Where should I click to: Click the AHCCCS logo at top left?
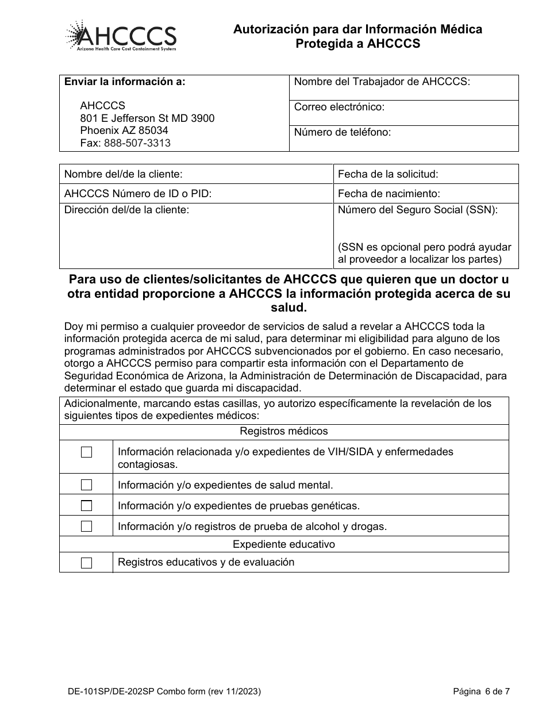coord(121,36)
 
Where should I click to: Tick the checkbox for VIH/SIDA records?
coord(86,452)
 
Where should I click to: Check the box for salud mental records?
coord(86,485)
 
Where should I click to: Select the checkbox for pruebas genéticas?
coord(86,506)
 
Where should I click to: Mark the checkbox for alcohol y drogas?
coord(86,526)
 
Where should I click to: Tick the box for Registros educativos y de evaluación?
coord(86,563)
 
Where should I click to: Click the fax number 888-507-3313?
coord(137,143)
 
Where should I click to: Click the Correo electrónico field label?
coord(339,107)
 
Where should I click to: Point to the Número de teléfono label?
coord(342,132)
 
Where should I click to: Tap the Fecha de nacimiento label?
coord(389,194)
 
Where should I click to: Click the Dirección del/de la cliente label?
coord(126,210)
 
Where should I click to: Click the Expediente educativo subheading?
coord(284,544)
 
